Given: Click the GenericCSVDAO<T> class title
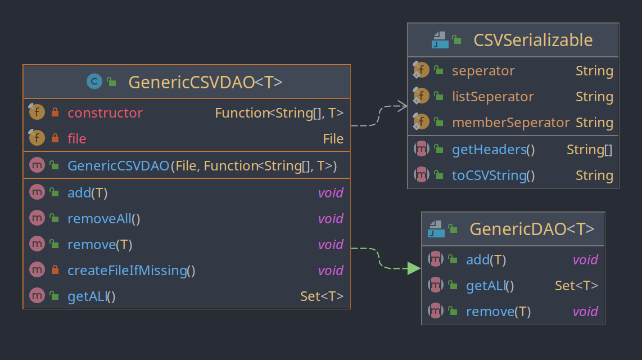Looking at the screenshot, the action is click(x=206, y=82).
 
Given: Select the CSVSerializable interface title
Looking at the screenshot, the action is click(x=533, y=40).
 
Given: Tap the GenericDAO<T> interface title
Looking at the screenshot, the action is click(x=532, y=229).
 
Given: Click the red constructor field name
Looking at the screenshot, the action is click(x=105, y=112).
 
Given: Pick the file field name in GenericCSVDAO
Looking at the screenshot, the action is click(x=77, y=138).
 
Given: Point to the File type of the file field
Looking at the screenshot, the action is click(x=333, y=139).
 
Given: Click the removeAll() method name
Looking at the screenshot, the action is click(x=103, y=219).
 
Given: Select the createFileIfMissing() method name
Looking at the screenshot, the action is click(x=131, y=271).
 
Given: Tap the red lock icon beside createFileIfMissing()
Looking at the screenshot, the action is click(x=55, y=270).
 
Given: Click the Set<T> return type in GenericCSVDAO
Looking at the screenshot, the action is click(x=322, y=296).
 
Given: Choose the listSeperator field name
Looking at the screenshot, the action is click(x=493, y=97).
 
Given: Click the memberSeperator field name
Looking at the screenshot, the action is click(x=510, y=123).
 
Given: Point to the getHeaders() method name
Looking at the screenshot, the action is click(x=494, y=150).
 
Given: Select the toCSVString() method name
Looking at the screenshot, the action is click(x=494, y=175).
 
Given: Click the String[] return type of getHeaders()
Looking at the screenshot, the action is click(x=590, y=150).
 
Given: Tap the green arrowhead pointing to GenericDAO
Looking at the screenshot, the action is click(x=414, y=268).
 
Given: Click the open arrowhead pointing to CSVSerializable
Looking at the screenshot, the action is click(x=403, y=106).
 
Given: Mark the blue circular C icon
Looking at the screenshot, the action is click(x=94, y=82).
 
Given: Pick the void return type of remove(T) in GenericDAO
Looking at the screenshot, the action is click(x=585, y=311).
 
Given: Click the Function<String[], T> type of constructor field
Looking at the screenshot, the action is click(x=279, y=112).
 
